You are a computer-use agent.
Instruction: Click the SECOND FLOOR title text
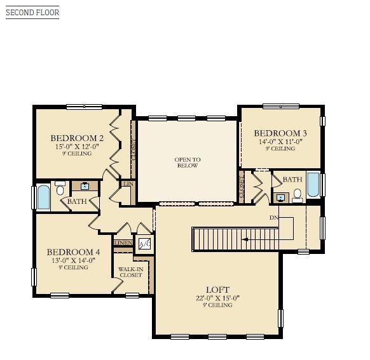(32, 12)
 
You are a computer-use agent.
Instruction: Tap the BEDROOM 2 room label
(77, 138)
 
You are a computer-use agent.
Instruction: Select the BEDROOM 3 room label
(280, 133)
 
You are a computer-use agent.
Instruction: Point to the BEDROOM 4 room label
(73, 251)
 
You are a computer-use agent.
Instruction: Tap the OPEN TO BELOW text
(188, 163)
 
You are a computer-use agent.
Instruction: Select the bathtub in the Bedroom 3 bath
(313, 185)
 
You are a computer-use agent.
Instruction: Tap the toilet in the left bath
(60, 188)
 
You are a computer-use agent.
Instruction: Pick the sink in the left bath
(84, 186)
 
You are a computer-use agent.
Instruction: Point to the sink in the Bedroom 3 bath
(280, 197)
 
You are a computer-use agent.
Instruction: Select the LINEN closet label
(122, 243)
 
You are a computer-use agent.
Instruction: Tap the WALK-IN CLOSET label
(130, 272)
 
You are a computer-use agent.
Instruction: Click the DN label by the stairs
(274, 218)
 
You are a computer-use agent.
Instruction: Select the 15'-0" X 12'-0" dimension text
(77, 146)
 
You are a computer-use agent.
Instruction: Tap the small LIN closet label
(128, 183)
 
